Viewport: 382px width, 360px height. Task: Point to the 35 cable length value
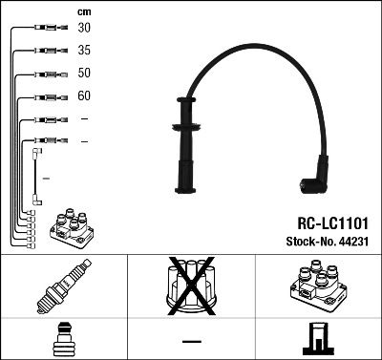click(85, 51)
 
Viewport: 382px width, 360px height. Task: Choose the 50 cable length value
click(85, 74)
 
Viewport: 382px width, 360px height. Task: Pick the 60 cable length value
click(85, 96)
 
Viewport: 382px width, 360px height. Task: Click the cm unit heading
click(84, 11)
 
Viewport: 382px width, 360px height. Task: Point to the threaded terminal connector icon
click(63, 340)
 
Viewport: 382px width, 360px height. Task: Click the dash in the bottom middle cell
click(191, 341)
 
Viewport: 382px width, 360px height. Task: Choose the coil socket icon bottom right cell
click(318, 340)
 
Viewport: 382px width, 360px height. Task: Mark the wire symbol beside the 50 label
click(46, 74)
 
